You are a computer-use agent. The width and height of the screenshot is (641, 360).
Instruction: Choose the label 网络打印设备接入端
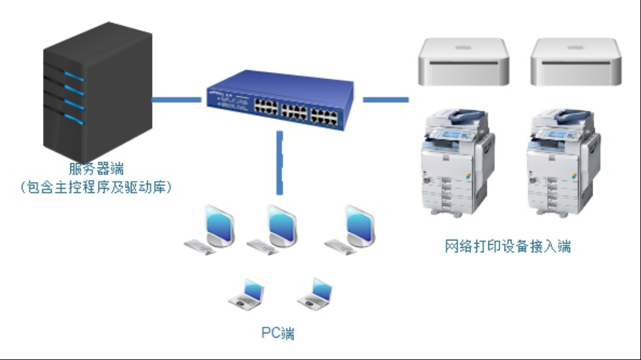click(508, 247)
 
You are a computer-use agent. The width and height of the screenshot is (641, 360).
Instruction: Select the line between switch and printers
click(386, 99)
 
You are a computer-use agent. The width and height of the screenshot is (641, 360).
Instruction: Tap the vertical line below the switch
click(280, 162)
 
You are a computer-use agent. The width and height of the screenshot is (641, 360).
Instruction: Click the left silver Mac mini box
click(463, 62)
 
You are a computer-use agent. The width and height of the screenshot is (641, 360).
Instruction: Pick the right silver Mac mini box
click(576, 62)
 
